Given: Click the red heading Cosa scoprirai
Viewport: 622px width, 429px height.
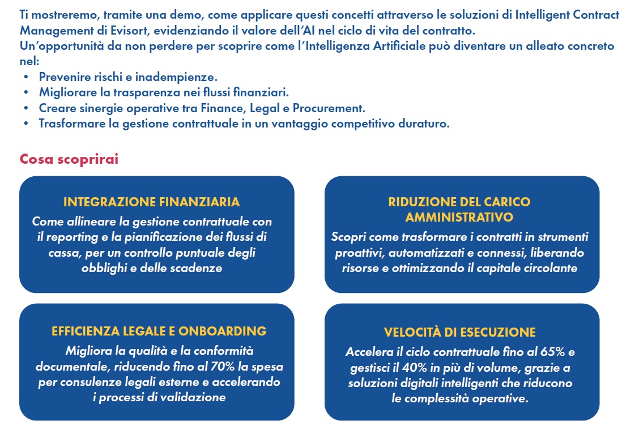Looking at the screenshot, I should (x=69, y=159).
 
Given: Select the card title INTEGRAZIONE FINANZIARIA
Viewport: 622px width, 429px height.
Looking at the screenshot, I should (x=152, y=202).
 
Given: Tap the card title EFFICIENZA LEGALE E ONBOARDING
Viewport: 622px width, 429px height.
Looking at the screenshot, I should (x=159, y=331).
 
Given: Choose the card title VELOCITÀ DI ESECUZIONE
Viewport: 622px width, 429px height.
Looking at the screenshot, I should (x=459, y=332).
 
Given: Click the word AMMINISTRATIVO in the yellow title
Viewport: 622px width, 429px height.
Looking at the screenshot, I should (x=459, y=217).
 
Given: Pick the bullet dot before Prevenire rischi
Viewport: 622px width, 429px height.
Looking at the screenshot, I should (x=25, y=77).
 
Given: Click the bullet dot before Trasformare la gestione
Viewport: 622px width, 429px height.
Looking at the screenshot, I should (x=25, y=124).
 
